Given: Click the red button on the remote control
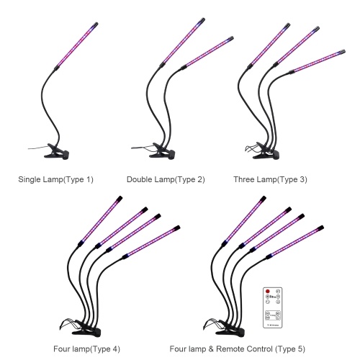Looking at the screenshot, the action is pyautogui.click(x=268, y=292).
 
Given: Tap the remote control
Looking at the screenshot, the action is pyautogui.click(x=273, y=307).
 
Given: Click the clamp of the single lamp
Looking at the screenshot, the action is pyautogui.click(x=57, y=152).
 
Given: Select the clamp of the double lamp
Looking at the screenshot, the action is pyautogui.click(x=162, y=151).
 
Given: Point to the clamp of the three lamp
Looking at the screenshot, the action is pyautogui.click(x=266, y=151).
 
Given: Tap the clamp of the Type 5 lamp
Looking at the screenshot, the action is pyautogui.click(x=230, y=327).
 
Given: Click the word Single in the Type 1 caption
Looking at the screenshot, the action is pyautogui.click(x=30, y=179).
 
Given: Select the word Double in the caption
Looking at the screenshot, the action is pyautogui.click(x=140, y=179).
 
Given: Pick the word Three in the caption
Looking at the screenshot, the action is pyautogui.click(x=244, y=179).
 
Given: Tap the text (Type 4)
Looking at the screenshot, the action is pyautogui.click(x=105, y=349).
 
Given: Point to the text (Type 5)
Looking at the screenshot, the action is pyautogui.click(x=290, y=349).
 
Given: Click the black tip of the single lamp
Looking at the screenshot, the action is pyautogui.click(x=95, y=24).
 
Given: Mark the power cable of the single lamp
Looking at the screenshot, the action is pyautogui.click(x=38, y=148).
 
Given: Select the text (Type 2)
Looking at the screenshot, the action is pyautogui.click(x=189, y=179).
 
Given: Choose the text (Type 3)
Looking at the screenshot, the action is pyautogui.click(x=292, y=179).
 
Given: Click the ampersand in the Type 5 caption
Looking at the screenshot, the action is pyautogui.click(x=211, y=349).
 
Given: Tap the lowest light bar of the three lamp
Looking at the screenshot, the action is pyautogui.click(x=318, y=61).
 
